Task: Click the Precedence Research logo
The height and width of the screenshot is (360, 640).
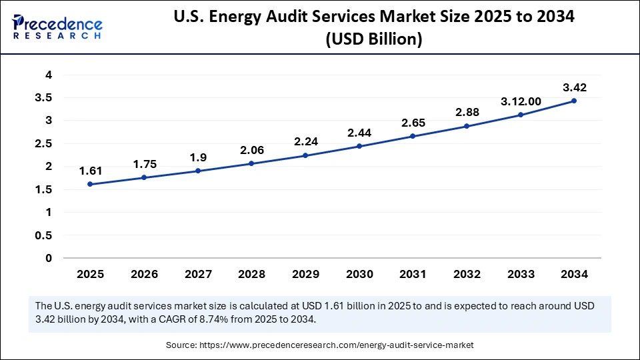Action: pos(57,27)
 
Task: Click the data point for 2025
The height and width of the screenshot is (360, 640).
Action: pos(90,184)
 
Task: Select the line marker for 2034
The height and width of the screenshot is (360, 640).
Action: pos(573,101)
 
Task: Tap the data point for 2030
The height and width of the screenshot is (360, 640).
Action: pos(359,146)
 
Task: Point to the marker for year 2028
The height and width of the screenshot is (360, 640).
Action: pos(251,163)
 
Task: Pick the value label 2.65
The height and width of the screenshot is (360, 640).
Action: pos(413,123)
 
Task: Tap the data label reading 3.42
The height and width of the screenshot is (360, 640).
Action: pos(573,87)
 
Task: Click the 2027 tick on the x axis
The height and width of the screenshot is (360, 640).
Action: pos(197,274)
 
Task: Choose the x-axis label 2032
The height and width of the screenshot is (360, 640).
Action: pos(466,274)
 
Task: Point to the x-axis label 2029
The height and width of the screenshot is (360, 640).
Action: pos(305,274)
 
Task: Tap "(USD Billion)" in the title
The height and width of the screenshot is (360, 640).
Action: pos(373,39)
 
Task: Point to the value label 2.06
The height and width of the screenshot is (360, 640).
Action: pos(251,150)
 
